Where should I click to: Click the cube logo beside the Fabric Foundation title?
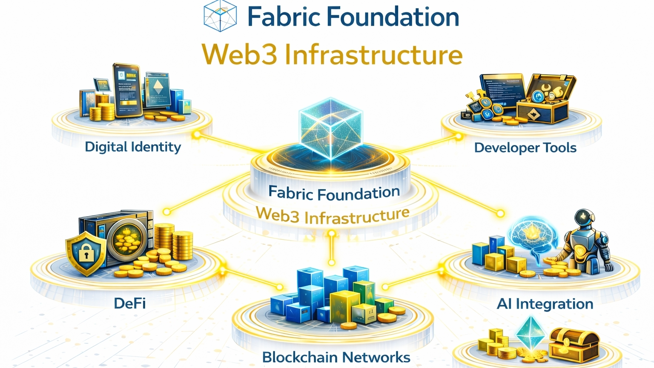click(220, 16)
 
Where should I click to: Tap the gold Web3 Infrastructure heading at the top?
click(332, 55)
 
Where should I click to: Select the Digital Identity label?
click(133, 147)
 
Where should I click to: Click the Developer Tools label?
click(525, 148)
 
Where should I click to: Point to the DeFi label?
click(130, 303)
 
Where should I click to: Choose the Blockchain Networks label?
click(336, 357)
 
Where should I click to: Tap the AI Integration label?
click(545, 304)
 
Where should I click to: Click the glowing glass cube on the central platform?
click(331, 128)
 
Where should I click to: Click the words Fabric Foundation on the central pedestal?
click(334, 193)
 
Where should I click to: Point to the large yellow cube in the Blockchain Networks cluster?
click(344, 305)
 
